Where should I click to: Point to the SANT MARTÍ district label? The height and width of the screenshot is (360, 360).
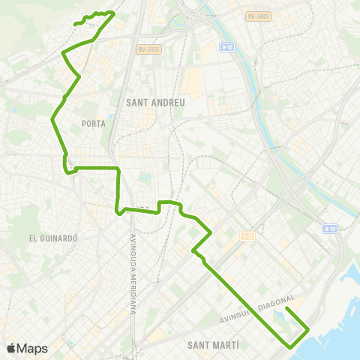pos(214,344)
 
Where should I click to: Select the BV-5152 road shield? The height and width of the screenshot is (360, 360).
pos(149,50)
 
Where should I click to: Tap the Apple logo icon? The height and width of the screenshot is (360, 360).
pos(10,348)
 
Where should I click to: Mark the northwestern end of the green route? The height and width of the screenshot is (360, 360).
pos(73,25)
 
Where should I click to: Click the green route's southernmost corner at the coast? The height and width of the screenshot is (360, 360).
pos(291,346)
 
